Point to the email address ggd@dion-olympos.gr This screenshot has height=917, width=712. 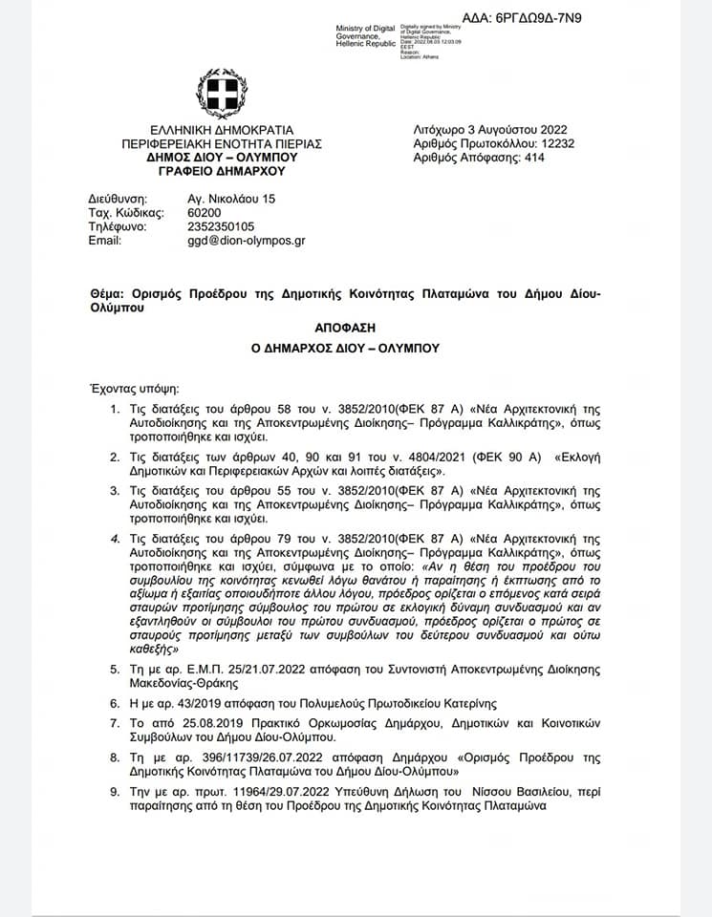click(246, 241)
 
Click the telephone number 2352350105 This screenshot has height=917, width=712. click(222, 226)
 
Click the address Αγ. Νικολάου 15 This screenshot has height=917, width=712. click(230, 198)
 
